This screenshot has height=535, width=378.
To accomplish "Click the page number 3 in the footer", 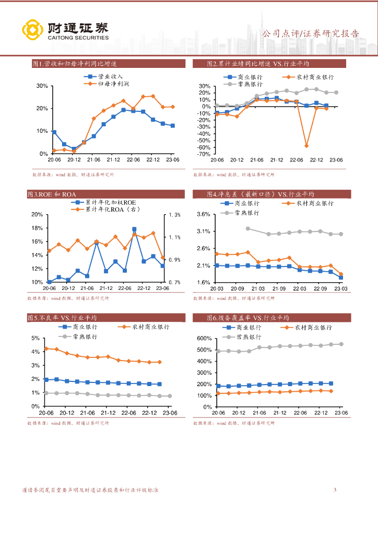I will coord(335,490).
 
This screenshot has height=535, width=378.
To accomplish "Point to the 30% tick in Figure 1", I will coord(42,86).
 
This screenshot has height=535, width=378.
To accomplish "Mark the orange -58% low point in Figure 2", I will coord(306,146).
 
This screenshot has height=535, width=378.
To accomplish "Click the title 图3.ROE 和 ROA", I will coord(52,194).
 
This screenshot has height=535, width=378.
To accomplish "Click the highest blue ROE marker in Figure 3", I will coord(134,229).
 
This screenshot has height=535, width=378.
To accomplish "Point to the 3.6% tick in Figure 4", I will coord(203,215).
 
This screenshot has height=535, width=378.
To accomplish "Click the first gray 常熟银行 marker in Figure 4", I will coord(247,228).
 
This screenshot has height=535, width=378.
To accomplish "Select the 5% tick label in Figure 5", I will coord(36,339).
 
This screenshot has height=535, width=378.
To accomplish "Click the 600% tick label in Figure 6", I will coord(203,339).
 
